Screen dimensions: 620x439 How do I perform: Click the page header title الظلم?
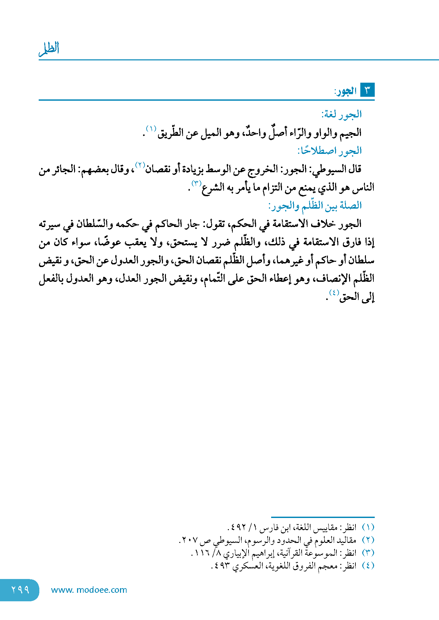tap(49, 49)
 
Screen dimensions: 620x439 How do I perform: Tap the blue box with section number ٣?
tap(367, 90)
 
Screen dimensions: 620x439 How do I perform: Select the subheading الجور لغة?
tap(341, 114)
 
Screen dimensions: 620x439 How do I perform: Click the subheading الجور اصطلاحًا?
tap(329, 151)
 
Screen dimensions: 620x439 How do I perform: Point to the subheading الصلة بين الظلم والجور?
tap(315, 206)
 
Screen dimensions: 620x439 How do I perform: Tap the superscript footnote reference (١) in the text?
tap(151, 128)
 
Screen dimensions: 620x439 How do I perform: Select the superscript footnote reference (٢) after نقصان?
tap(140, 165)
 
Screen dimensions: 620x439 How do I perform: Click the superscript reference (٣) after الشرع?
tap(196, 183)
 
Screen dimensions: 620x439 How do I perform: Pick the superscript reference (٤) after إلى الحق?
tap(334, 293)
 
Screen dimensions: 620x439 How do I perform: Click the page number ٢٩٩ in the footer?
tap(20, 590)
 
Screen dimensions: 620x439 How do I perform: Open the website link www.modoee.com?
tap(89, 590)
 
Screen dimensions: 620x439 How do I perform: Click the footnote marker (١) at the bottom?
tap(368, 527)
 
